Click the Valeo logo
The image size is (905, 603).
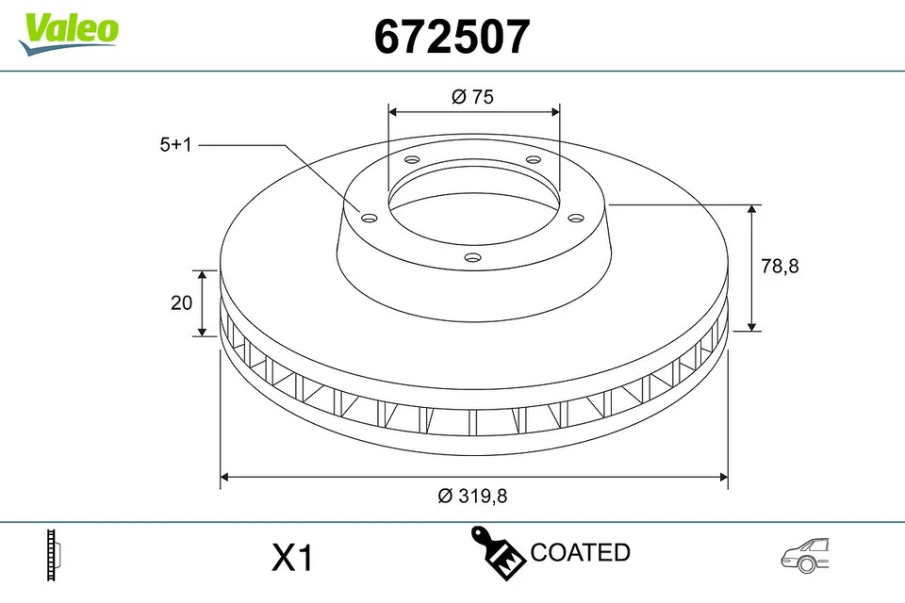(x=69, y=32)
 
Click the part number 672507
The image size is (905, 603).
(x=452, y=37)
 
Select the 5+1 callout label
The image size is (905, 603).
(x=175, y=145)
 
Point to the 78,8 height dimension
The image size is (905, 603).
(x=780, y=267)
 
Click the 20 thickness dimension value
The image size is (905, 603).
(x=182, y=302)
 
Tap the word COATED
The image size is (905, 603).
(x=580, y=552)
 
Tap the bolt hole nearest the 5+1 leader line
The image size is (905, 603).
(x=370, y=219)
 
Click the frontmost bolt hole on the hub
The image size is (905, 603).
(x=473, y=257)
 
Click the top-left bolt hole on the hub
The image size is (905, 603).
(x=411, y=159)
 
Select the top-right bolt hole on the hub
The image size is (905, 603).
(x=533, y=158)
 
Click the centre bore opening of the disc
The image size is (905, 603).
(x=473, y=203)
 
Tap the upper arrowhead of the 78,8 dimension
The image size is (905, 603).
(x=751, y=210)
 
